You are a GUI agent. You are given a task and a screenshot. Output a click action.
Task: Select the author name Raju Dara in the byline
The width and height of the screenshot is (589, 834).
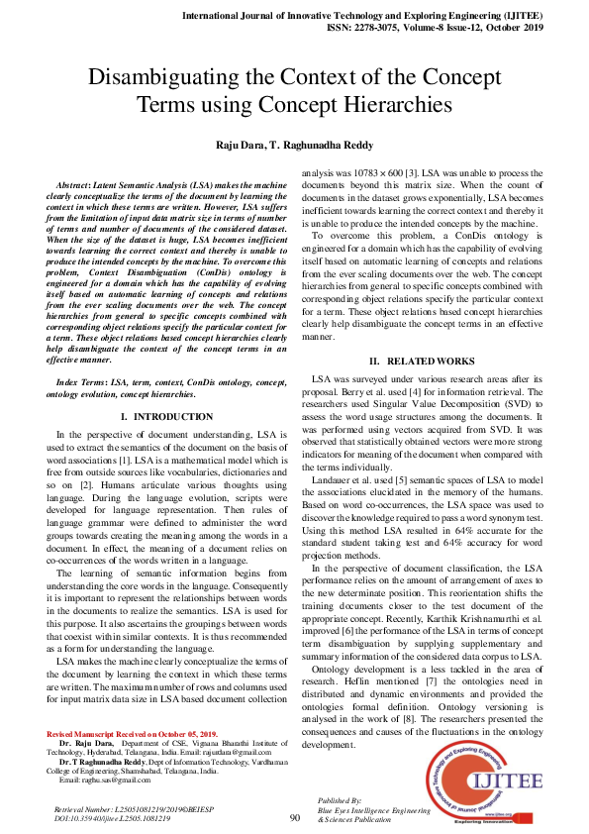click(x=243, y=146)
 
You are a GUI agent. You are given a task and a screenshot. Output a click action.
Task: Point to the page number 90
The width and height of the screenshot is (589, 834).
click(x=294, y=817)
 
